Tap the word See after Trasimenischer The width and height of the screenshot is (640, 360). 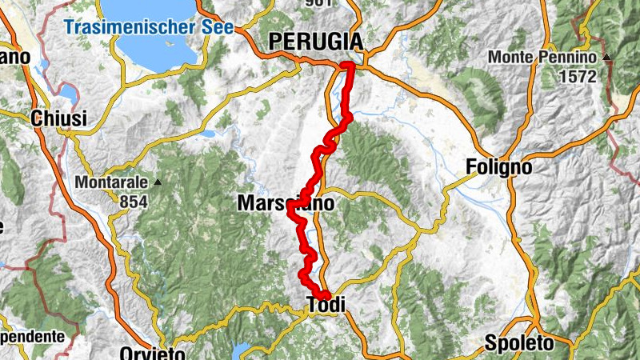pyautogui.click(x=215, y=27)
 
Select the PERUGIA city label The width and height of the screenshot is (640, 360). pyautogui.click(x=315, y=41)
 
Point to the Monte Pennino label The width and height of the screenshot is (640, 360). pyautogui.click(x=543, y=58)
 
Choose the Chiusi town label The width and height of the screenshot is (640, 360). pyautogui.click(x=58, y=118)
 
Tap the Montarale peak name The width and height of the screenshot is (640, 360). pyautogui.click(x=111, y=182)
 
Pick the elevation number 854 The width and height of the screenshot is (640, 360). pyautogui.click(x=134, y=202)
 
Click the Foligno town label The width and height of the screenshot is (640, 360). pyautogui.click(x=498, y=167)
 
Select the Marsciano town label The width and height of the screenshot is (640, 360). pyautogui.click(x=285, y=205)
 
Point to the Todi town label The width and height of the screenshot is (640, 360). pyautogui.click(x=326, y=304)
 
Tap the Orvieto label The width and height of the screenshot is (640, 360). pyautogui.click(x=152, y=353)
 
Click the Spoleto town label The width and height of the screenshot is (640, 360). pyautogui.click(x=518, y=344)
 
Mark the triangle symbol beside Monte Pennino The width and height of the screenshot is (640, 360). pyautogui.click(x=607, y=58)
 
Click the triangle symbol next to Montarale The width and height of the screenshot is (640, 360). pyautogui.click(x=158, y=182)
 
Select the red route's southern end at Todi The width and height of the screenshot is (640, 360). pyautogui.click(x=326, y=297)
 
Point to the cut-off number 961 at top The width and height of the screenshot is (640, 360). pyautogui.click(x=318, y=3)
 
